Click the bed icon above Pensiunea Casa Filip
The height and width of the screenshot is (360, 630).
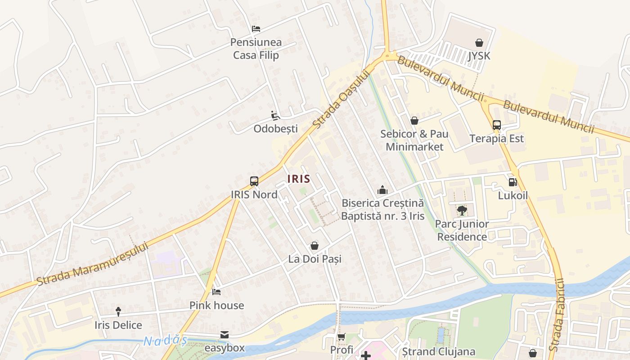coord(256,29)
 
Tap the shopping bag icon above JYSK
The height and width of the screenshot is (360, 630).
coord(479,43)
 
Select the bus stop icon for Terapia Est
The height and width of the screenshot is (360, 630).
coord(496,125)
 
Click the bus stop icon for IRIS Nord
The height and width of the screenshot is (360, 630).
coord(254,181)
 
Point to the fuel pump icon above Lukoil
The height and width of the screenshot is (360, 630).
coord(512,182)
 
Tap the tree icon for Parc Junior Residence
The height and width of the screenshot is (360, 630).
coord(462,211)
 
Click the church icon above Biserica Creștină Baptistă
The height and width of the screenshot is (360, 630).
coord(382,190)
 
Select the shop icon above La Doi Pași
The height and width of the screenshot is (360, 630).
coord(315,246)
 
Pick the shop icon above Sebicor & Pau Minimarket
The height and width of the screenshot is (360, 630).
coord(414,121)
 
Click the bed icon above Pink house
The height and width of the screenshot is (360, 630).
coord(216,292)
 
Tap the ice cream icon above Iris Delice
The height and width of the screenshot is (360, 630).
coord(118,311)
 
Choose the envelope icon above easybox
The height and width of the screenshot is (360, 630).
coord(225,335)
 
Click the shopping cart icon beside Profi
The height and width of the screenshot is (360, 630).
coord(342,337)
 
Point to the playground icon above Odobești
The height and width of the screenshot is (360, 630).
coord(275,116)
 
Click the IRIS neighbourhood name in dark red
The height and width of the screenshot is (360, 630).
coord(299,179)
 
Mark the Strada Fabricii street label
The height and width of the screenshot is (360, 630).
coord(557,315)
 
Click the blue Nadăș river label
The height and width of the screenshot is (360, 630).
coord(165,341)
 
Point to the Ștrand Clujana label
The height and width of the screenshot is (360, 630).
coord(439,351)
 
